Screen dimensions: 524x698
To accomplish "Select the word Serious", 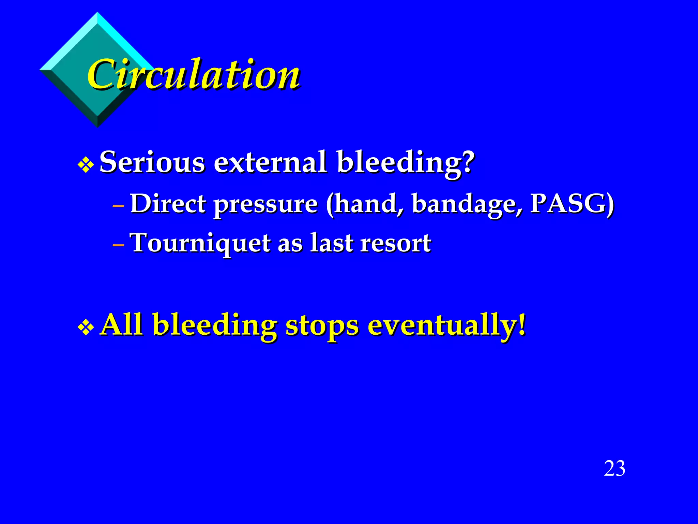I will click(x=152, y=162).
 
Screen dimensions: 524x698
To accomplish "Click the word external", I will click(x=270, y=162).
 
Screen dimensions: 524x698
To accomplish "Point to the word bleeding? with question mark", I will click(x=406, y=163).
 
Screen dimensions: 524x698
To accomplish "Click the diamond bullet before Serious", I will click(x=86, y=165).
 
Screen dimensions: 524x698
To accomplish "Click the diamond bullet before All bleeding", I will click(x=86, y=328).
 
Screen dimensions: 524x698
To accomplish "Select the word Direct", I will click(x=168, y=204).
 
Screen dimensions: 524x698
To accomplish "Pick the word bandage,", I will click(x=467, y=205).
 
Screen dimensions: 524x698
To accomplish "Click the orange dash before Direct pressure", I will click(x=118, y=206).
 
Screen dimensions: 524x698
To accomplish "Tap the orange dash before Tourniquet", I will click(x=118, y=245).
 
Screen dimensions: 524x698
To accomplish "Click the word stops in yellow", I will click(x=322, y=326).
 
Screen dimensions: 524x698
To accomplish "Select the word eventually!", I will click(x=447, y=326).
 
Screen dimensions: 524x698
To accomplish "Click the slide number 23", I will click(x=614, y=468).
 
